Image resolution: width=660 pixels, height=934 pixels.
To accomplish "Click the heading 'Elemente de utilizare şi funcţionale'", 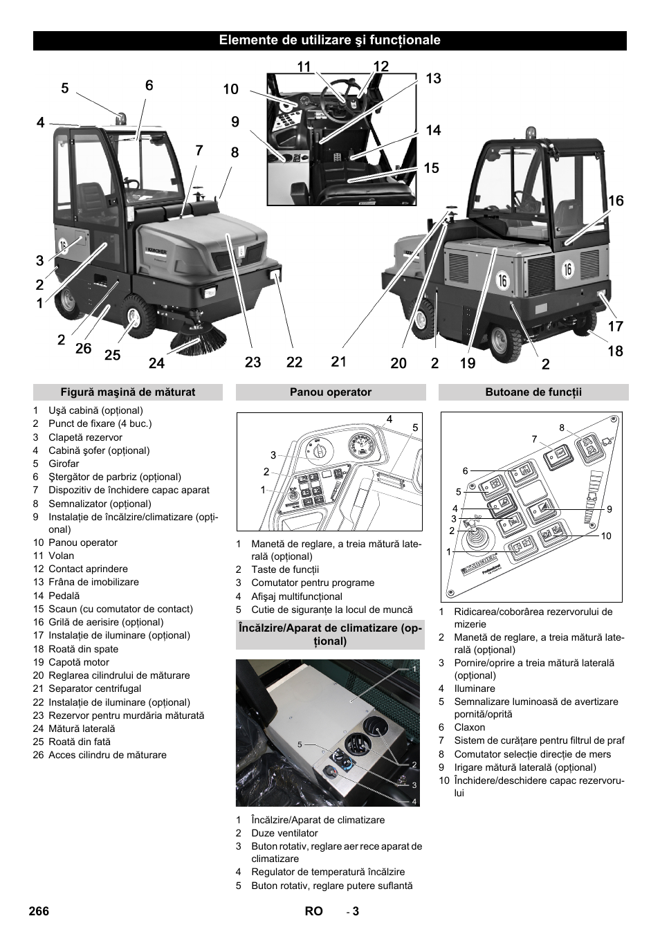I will (x=329, y=40).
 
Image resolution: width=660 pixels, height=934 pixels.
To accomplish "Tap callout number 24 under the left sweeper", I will (x=157, y=362).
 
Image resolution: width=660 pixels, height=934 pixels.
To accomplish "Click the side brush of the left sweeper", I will (x=201, y=340).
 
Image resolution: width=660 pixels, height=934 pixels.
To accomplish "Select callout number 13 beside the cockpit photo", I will (x=433, y=79).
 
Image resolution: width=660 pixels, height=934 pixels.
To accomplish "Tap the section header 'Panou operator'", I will (x=331, y=392).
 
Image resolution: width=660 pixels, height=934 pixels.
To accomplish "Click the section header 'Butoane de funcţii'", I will (x=533, y=392).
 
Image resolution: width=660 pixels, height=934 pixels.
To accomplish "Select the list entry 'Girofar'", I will (x=64, y=464).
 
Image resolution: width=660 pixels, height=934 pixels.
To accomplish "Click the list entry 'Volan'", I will (x=61, y=556).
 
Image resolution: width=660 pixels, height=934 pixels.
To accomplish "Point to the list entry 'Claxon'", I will (x=470, y=727).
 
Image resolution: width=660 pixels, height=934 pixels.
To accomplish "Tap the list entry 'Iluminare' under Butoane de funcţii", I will (x=475, y=688).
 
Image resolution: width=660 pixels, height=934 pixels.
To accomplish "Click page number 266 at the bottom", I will (x=39, y=911).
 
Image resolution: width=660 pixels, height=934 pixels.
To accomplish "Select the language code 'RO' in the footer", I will (x=313, y=911).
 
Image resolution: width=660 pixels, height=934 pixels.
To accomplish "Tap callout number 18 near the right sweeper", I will (x=615, y=351).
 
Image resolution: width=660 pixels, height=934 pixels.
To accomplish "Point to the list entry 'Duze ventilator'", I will (x=284, y=833).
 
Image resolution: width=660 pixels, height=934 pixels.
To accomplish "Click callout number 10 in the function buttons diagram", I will (x=606, y=536).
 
